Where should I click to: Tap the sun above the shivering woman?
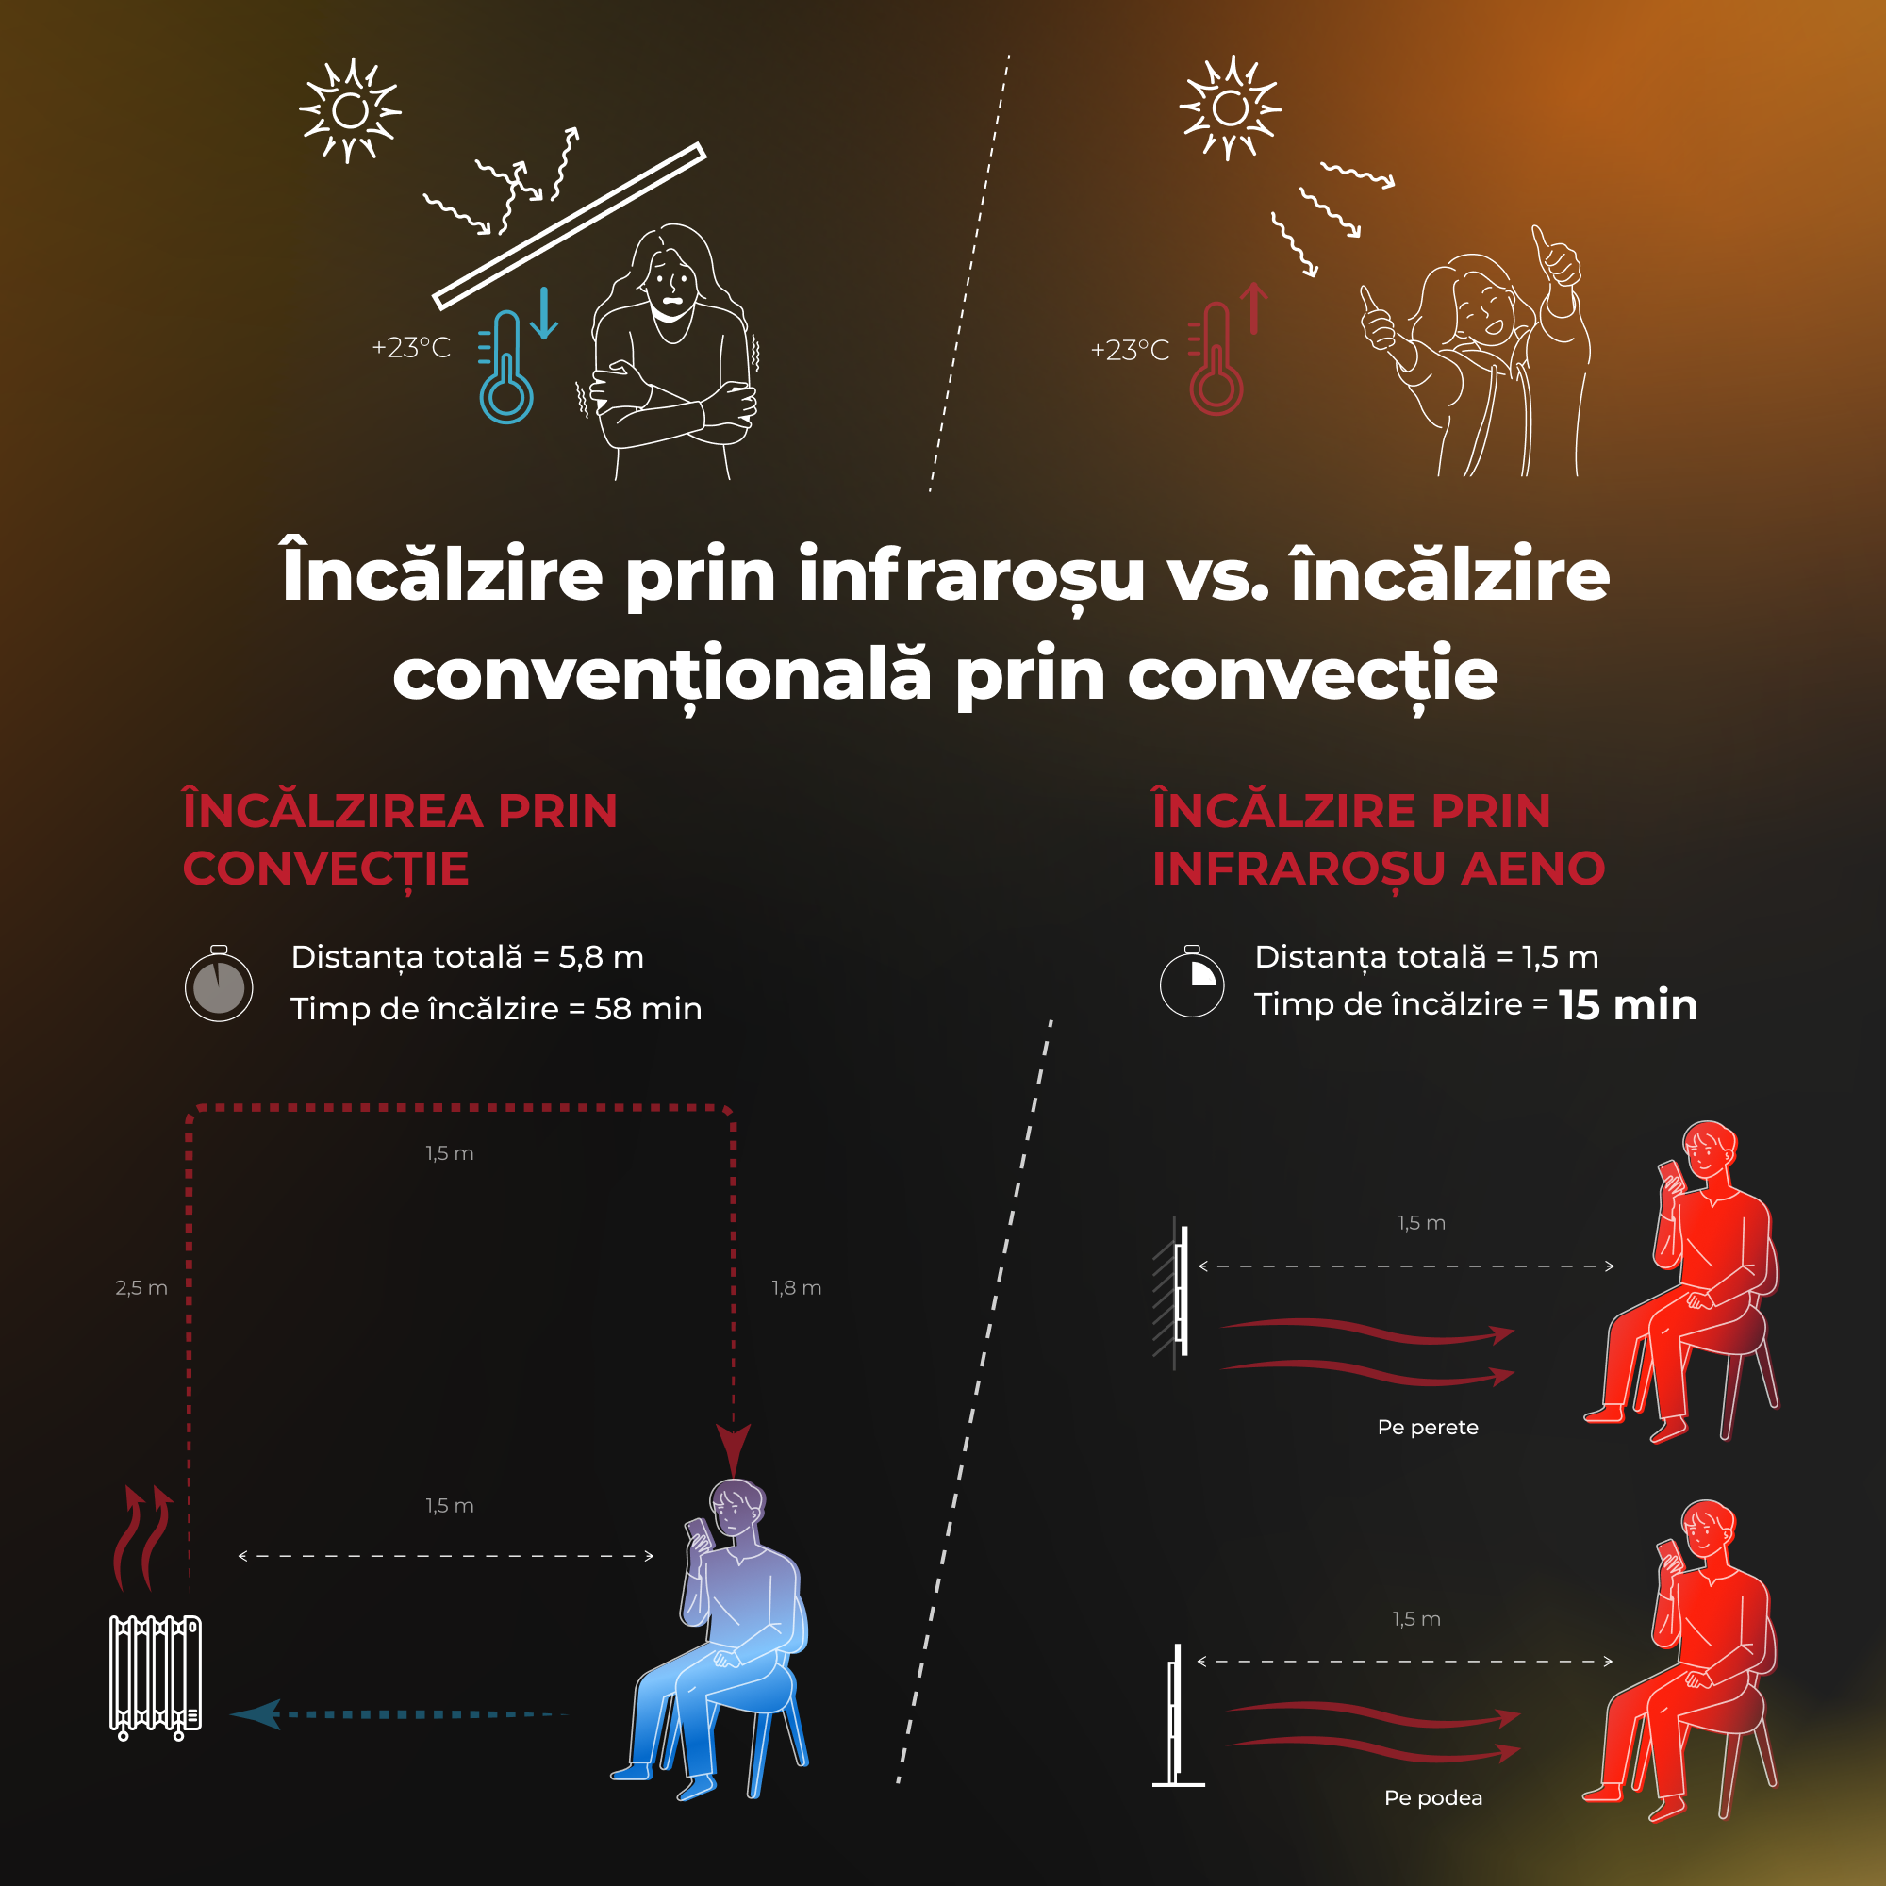pyautogui.click(x=350, y=110)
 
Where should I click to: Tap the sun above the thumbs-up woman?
pyautogui.click(x=1230, y=108)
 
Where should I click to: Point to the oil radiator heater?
pyautogui.click(x=156, y=1677)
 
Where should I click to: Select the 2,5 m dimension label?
pyautogui.click(x=141, y=1287)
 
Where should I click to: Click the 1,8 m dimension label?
pyautogui.click(x=797, y=1287)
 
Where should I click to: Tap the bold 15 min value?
pyautogui.click(x=1629, y=1005)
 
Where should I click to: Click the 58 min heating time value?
pyautogui.click(x=648, y=1008)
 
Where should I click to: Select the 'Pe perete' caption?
pyautogui.click(x=1427, y=1427)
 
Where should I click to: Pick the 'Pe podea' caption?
pyautogui.click(x=1433, y=1797)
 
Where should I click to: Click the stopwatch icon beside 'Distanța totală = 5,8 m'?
pyautogui.click(x=219, y=983)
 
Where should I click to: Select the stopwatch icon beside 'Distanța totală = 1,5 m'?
pyautogui.click(x=1191, y=981)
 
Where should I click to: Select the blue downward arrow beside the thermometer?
pyautogui.click(x=544, y=313)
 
